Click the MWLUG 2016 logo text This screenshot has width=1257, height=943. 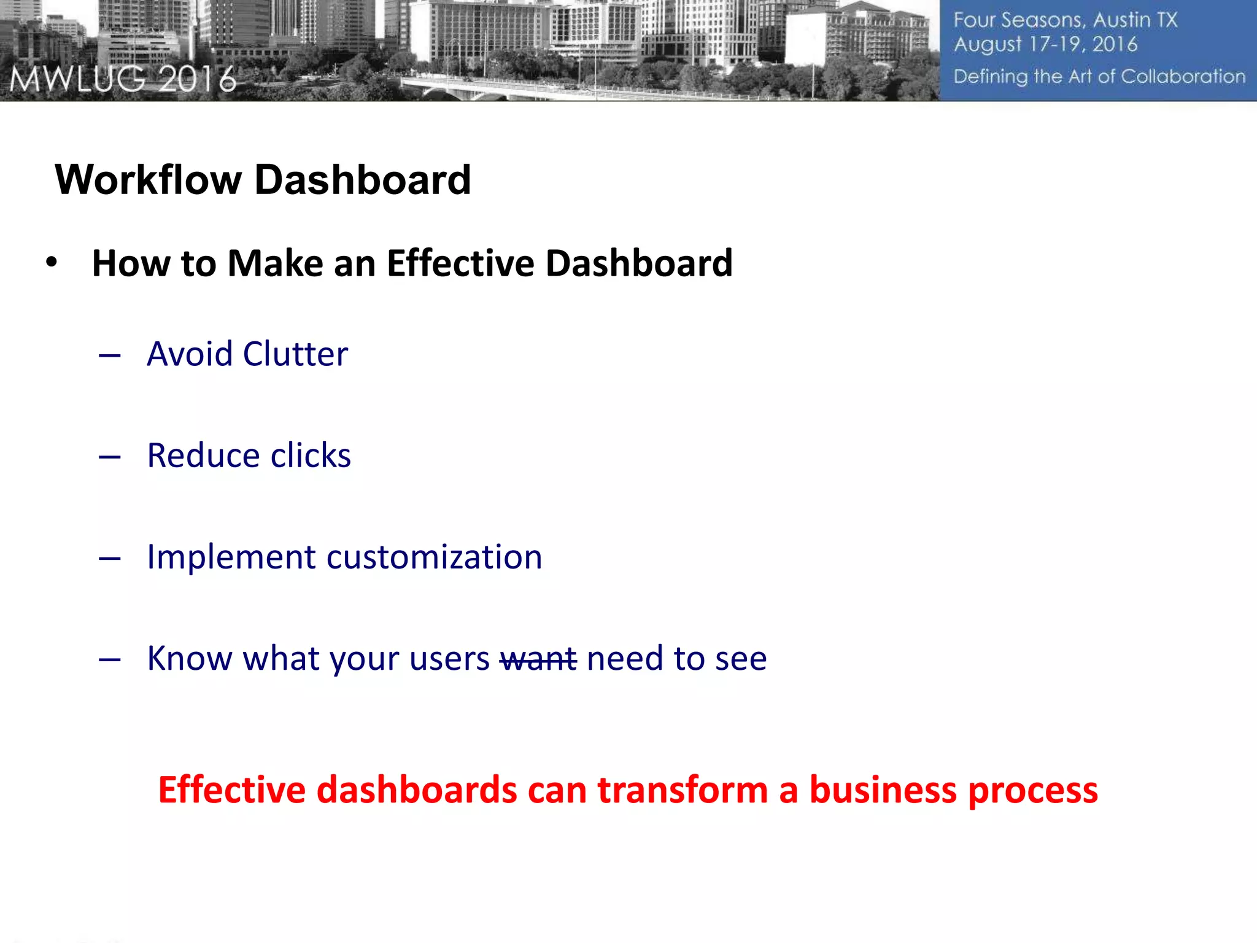click(123, 80)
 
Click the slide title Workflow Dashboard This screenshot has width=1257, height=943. click(263, 180)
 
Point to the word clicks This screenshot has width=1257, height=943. click(311, 456)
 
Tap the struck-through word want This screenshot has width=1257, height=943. click(538, 659)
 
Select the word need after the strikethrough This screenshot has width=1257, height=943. click(625, 659)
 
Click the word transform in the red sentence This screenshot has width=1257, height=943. click(683, 790)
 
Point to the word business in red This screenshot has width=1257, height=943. click(883, 790)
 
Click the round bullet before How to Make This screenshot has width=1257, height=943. click(52, 262)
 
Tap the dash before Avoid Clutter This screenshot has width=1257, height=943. click(109, 355)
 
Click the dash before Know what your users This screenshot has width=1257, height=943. click(109, 660)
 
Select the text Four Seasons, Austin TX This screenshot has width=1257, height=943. click(1065, 20)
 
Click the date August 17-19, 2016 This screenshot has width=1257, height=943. click(1045, 44)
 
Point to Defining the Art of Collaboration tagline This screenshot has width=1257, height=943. click(1099, 77)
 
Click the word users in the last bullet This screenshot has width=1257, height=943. click(449, 659)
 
